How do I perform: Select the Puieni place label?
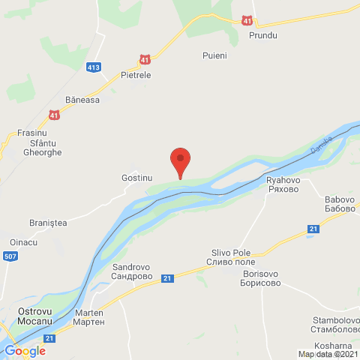pos(214,55)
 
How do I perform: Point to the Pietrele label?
pos(136,76)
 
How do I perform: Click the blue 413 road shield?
pos(94,67)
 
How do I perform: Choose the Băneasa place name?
pos(82,100)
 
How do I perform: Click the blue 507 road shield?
pos(11,256)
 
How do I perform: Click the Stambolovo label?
pos(334,324)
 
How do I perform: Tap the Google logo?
pos(25,350)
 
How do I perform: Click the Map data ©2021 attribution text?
pos(328,355)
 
